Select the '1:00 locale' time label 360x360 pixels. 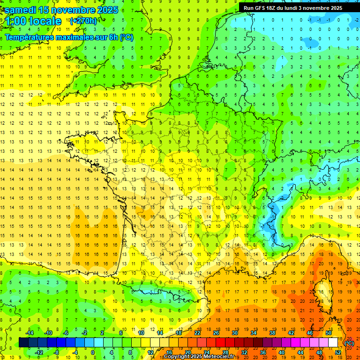click(x=34, y=21)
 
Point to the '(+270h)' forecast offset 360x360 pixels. click(x=83, y=21)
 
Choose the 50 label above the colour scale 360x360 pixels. click(x=328, y=333)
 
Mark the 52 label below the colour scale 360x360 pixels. click(x=337, y=352)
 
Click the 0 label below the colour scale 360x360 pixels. click(x=93, y=352)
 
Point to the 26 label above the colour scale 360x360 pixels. click(x=216, y=333)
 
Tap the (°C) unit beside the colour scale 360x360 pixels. click(x=349, y=343)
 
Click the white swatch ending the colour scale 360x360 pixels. click(x=333, y=343)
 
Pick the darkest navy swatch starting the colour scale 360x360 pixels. click(x=23, y=343)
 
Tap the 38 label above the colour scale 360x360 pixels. click(x=272, y=333)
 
